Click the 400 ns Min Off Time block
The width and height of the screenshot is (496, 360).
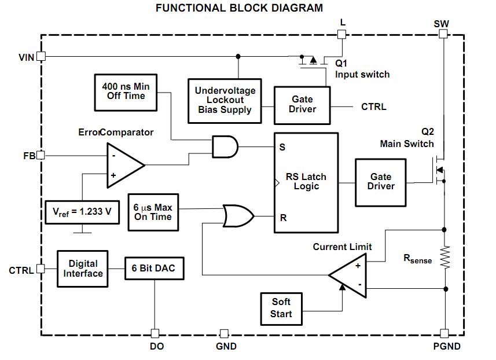coord(125,92)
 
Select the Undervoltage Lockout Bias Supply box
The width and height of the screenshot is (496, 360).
coord(225,100)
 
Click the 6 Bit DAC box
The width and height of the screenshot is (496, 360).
coord(153,269)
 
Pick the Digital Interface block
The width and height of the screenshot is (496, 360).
coord(83,269)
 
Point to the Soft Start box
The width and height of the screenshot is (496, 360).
coord(281,308)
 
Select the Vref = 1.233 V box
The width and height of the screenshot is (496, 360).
coord(82,212)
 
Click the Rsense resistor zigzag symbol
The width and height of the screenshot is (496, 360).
coord(444,258)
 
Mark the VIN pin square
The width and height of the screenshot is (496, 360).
coord(41,56)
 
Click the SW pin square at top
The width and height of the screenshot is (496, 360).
coord(444,34)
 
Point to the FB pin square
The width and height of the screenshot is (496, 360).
coord(41,155)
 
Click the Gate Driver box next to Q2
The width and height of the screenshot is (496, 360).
coord(380,182)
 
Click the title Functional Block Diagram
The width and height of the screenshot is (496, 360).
coord(240,8)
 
